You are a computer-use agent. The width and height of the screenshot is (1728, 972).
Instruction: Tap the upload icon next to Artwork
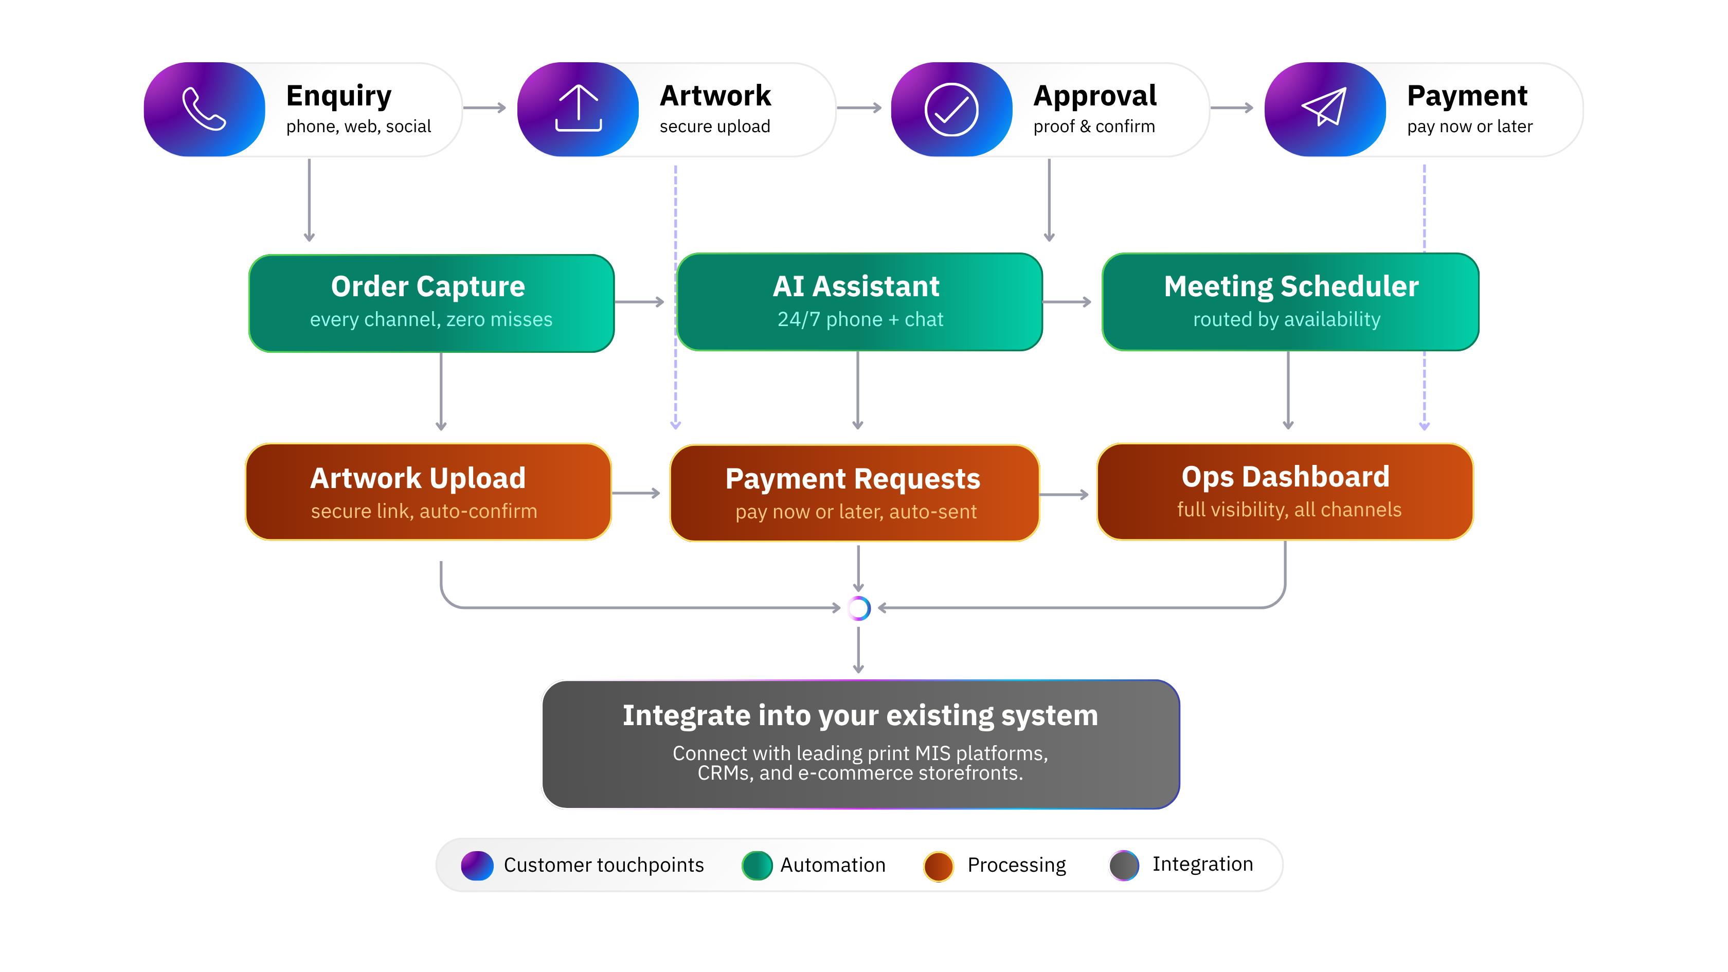click(578, 109)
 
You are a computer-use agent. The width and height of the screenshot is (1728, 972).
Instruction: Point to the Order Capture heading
click(428, 287)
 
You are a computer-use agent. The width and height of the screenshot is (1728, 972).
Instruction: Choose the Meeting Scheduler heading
click(1291, 287)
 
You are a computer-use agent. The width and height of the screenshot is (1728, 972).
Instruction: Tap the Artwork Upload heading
click(418, 479)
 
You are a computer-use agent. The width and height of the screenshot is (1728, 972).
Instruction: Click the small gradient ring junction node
click(858, 608)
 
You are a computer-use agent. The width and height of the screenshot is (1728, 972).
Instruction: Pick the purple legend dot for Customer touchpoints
click(477, 866)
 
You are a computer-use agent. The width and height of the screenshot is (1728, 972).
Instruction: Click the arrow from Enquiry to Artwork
click(485, 108)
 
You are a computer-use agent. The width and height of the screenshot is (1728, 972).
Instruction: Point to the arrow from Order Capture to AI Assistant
click(639, 302)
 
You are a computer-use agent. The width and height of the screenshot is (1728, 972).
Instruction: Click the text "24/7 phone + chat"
click(860, 320)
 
